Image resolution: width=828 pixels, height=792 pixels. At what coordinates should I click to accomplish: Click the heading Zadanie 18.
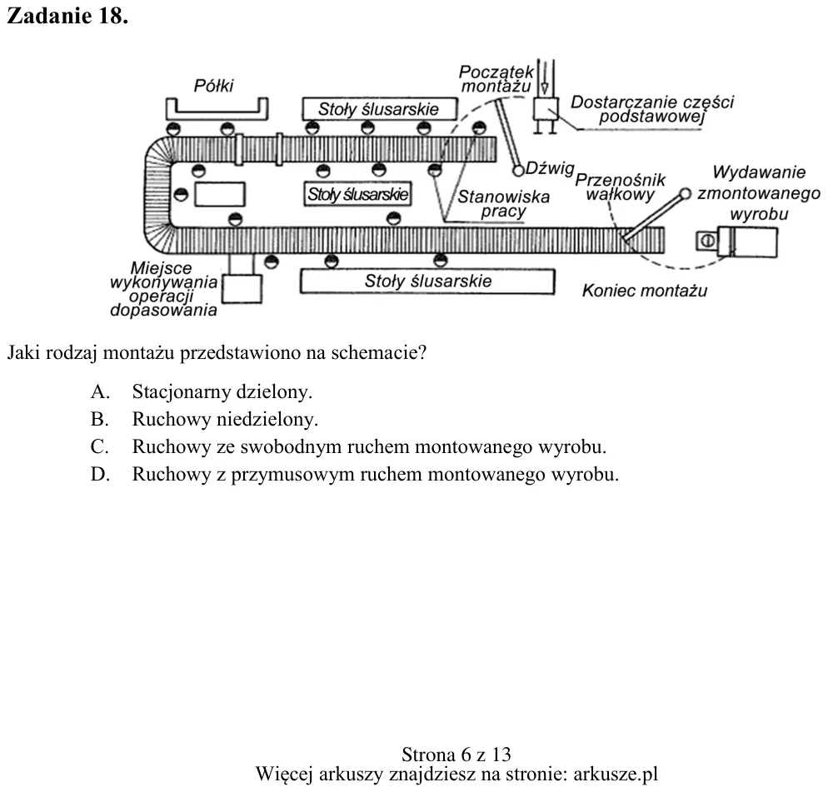[x=67, y=16]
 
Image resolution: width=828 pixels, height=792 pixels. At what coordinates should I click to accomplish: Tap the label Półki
[x=213, y=86]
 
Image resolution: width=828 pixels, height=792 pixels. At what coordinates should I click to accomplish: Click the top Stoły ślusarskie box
[x=380, y=109]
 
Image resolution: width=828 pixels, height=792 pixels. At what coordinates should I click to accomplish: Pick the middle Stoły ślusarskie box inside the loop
[x=357, y=194]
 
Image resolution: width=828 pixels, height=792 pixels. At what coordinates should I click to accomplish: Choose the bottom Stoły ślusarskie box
[x=427, y=281]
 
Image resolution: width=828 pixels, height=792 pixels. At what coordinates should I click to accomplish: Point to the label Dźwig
[x=550, y=168]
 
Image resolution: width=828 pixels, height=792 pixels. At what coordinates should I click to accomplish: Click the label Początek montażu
[x=496, y=78]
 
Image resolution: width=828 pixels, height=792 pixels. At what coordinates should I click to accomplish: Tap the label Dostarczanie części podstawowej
[x=652, y=109]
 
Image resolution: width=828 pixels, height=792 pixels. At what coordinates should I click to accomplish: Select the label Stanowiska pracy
[x=503, y=204]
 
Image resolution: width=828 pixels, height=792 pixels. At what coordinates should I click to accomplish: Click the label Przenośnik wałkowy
[x=620, y=187]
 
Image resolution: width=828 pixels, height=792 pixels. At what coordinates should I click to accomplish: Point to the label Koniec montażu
[x=644, y=291]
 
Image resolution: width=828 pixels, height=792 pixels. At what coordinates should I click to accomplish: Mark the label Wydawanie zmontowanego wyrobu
[x=759, y=192]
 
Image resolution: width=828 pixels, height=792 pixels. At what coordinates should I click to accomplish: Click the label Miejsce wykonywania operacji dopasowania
[x=164, y=289]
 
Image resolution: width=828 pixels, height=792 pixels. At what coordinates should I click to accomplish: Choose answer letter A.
[x=100, y=391]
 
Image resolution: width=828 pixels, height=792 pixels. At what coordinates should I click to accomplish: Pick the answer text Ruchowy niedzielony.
[x=225, y=419]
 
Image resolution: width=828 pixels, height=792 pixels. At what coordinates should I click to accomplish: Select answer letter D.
[x=100, y=474]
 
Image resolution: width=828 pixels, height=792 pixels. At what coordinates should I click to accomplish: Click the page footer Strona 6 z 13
[x=456, y=755]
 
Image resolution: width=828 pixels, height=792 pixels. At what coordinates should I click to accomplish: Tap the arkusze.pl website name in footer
[x=616, y=774]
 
